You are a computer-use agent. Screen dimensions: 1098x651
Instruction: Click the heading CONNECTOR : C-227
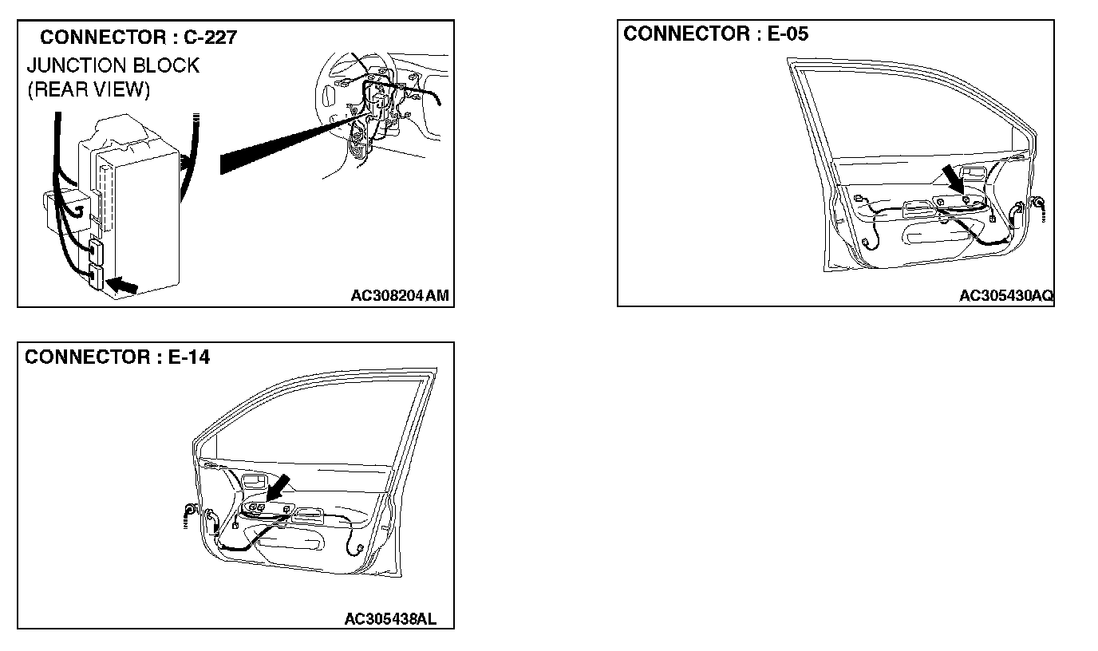[137, 37]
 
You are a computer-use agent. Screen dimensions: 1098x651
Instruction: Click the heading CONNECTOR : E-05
[716, 34]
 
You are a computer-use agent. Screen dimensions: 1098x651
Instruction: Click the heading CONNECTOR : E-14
[117, 357]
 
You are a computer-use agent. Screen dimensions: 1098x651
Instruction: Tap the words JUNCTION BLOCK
[113, 65]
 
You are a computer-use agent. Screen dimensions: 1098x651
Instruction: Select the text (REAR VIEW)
[89, 89]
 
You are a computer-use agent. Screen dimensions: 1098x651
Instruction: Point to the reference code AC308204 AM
[400, 296]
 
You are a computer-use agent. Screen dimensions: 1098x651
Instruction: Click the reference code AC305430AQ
[1005, 296]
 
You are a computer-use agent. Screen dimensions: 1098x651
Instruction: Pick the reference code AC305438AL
[390, 619]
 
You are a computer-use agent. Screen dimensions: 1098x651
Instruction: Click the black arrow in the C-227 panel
[120, 284]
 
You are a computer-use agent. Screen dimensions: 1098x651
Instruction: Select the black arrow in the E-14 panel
[277, 489]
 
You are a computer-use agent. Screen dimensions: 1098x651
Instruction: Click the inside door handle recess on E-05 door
[975, 172]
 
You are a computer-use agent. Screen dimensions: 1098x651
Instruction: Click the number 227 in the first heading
[219, 37]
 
